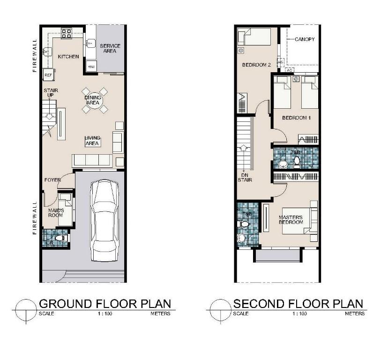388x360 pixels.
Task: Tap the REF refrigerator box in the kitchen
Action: click(48, 75)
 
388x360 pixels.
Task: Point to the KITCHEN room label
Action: click(68, 57)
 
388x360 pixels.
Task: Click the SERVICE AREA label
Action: click(110, 48)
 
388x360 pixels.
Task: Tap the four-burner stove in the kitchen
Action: click(67, 33)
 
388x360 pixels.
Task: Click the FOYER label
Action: click(53, 180)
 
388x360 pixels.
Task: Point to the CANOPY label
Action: click(305, 39)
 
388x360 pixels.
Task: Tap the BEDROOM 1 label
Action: click(296, 118)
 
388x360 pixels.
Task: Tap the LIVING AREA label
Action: click(92, 141)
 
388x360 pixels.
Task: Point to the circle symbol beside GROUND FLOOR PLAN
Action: click(26, 310)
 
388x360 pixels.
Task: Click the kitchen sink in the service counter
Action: click(90, 43)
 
